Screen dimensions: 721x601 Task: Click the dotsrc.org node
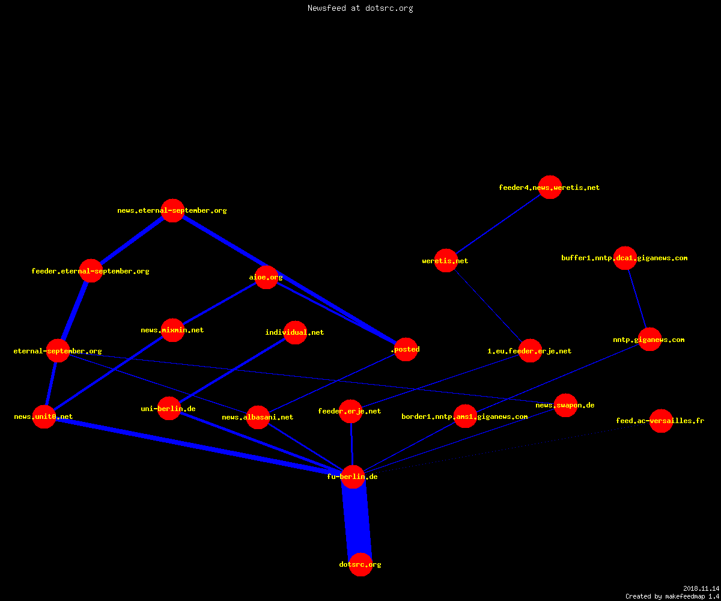[x=360, y=564]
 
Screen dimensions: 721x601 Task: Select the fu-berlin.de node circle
[x=353, y=477]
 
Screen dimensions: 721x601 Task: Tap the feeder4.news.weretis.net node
[x=550, y=187]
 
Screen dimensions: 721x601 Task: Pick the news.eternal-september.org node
[x=172, y=210]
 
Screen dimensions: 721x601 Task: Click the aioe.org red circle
[x=266, y=277]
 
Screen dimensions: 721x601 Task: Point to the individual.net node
[x=295, y=332]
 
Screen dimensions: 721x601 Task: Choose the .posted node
[x=406, y=349]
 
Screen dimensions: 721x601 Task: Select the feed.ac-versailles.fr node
[x=661, y=421]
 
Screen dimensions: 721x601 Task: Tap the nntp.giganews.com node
[x=650, y=339]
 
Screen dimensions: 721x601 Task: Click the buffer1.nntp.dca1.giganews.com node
[x=625, y=258]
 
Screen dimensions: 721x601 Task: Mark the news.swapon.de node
[x=565, y=405]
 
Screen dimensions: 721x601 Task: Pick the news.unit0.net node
[x=44, y=416]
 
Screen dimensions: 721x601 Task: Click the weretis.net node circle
[x=446, y=260]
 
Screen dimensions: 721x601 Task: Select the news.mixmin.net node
[x=172, y=330]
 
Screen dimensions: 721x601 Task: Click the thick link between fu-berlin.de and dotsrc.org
[x=357, y=520]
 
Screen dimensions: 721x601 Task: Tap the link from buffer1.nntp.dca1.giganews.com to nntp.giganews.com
[x=637, y=299]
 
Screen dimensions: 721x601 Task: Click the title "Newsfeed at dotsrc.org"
[x=360, y=8]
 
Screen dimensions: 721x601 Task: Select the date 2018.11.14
[x=701, y=588]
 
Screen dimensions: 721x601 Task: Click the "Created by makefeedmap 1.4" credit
[x=672, y=596]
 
